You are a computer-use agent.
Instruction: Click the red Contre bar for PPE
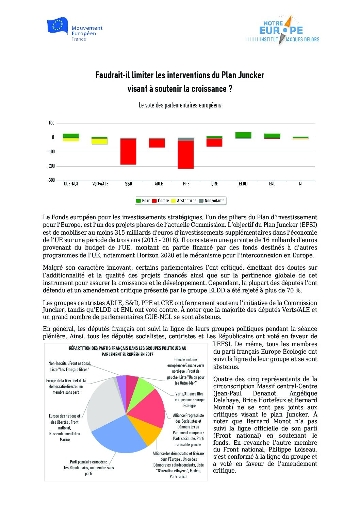point(185,155)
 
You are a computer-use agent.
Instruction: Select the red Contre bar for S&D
point(128,152)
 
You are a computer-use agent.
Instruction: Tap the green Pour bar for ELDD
point(243,135)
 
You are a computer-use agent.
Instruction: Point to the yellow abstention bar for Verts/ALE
point(100,141)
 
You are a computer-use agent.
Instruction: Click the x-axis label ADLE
point(159,184)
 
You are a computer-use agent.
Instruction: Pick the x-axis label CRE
point(214,184)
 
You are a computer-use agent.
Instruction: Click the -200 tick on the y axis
point(51,166)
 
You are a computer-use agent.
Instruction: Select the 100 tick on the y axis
point(51,123)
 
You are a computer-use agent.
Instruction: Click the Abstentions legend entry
point(184,201)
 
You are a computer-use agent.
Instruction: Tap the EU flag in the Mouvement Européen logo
point(57,26)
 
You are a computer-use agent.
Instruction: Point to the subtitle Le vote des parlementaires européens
point(180,105)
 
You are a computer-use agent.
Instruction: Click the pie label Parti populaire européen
point(88,462)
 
